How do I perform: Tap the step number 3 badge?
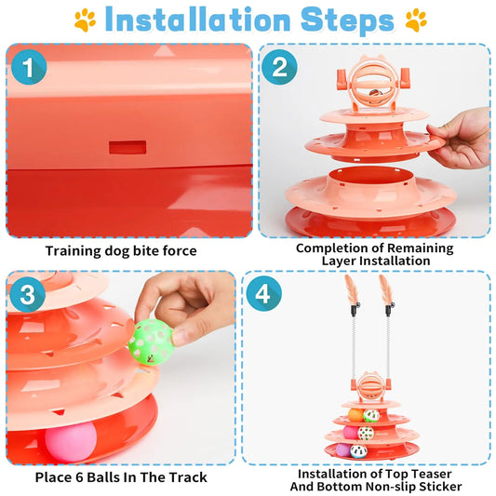tap(29, 297)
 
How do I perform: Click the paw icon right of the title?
tap(416, 20)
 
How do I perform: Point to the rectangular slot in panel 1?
tap(126, 147)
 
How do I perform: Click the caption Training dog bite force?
tap(121, 250)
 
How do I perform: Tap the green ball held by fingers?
tap(153, 336)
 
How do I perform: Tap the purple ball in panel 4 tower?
tap(342, 449)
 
